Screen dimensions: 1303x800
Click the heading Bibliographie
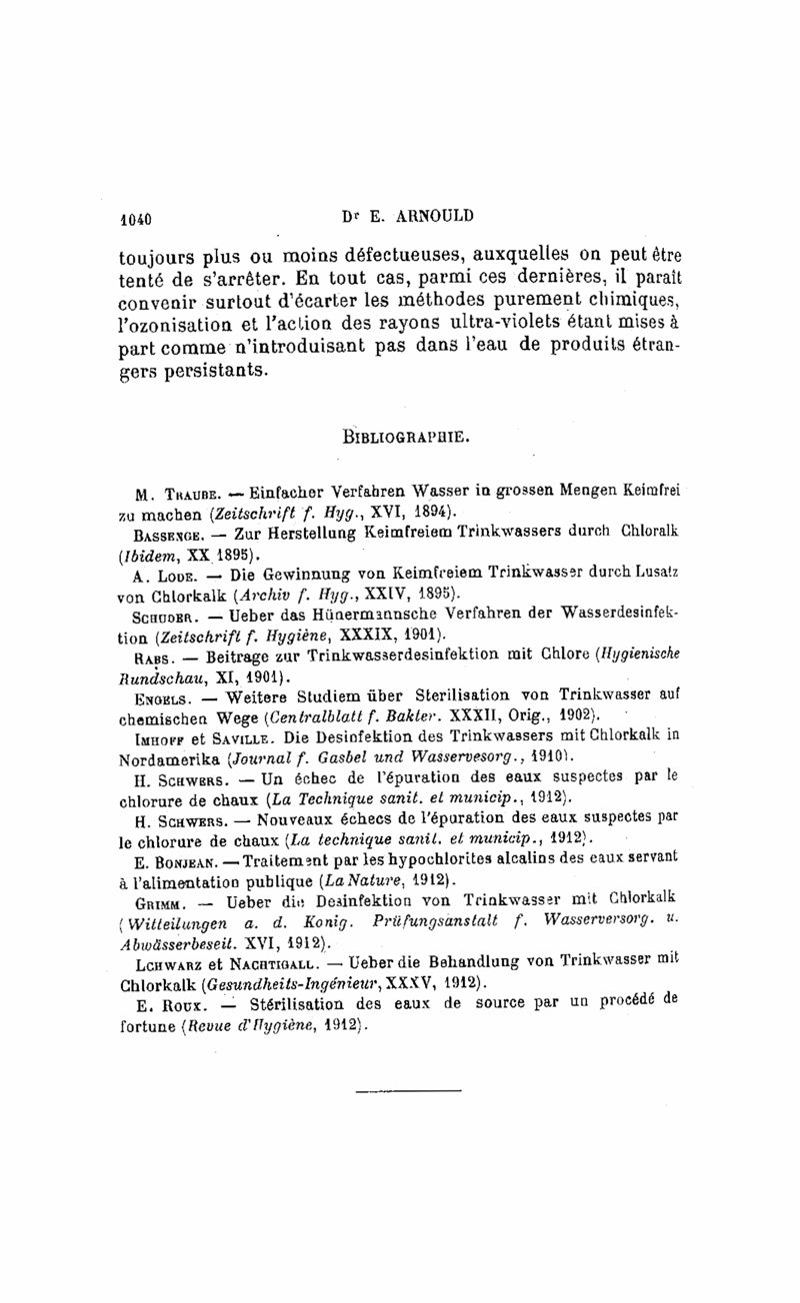click(406, 437)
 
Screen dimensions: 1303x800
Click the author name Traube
click(184, 494)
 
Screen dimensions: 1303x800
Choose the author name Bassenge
click(167, 535)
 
